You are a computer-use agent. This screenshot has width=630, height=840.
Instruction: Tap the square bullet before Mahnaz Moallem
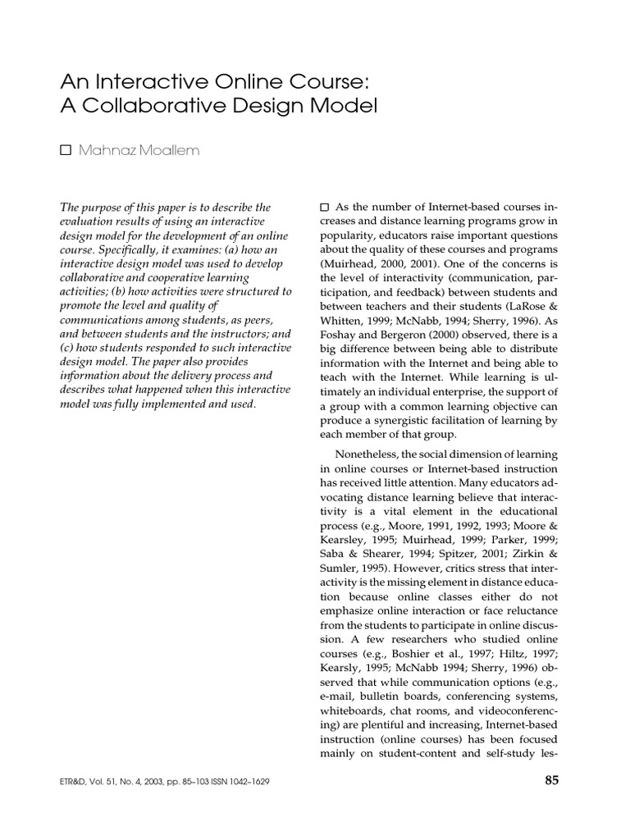point(66,149)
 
